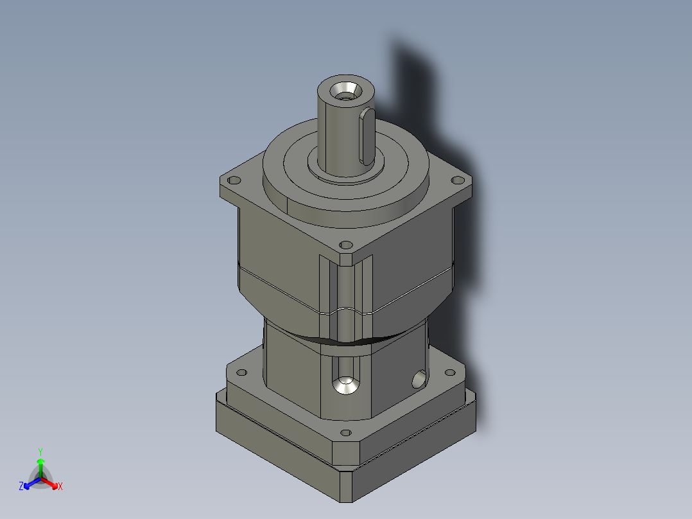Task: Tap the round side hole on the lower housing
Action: click(x=418, y=380)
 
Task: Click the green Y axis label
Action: click(x=40, y=451)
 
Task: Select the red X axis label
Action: click(x=60, y=487)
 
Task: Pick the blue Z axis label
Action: click(x=21, y=487)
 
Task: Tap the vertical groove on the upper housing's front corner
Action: click(x=345, y=289)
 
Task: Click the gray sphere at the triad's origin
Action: click(x=40, y=479)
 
